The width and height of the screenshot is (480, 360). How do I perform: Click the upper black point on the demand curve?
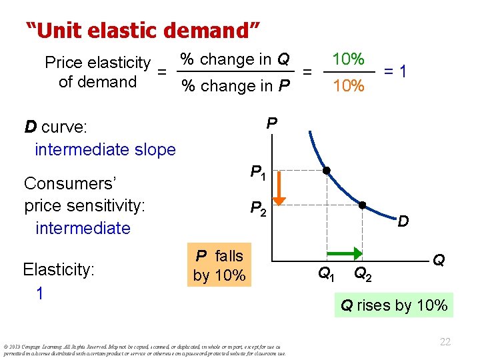(x=326, y=171)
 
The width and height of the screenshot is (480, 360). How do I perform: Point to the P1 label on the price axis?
(x=258, y=173)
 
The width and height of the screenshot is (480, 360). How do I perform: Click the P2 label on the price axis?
(x=258, y=209)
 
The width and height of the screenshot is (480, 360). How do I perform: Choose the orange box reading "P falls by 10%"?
(x=219, y=265)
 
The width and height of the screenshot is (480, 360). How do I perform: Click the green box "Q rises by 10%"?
(x=394, y=306)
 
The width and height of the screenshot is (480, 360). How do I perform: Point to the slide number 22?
(x=445, y=341)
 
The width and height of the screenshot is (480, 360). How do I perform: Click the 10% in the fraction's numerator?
(x=348, y=59)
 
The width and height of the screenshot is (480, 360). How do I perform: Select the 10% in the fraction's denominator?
(x=348, y=86)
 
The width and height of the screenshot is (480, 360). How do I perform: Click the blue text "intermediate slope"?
(x=105, y=149)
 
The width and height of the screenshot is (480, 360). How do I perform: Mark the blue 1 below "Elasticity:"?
(x=40, y=293)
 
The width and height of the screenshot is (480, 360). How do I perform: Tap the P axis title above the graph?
(x=271, y=123)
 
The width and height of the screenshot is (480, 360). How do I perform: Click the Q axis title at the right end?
(x=439, y=259)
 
